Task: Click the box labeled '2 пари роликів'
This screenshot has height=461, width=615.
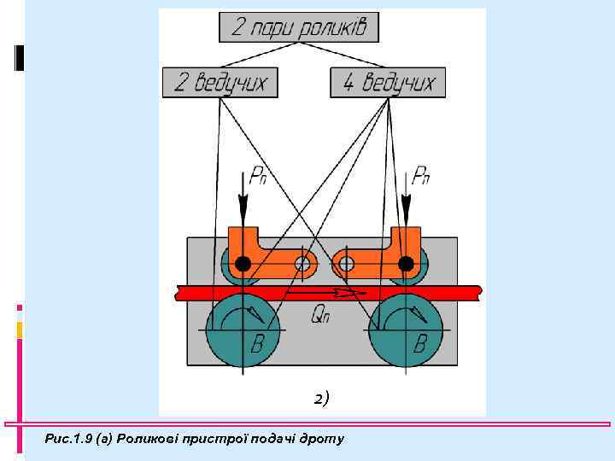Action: click(299, 27)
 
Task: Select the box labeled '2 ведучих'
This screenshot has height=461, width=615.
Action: click(220, 83)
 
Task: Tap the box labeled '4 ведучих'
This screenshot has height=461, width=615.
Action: click(389, 83)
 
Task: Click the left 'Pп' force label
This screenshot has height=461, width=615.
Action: click(258, 178)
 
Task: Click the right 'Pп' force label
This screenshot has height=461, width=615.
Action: click(420, 178)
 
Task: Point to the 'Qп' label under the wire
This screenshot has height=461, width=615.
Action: click(320, 315)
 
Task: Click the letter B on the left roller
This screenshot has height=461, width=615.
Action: click(257, 345)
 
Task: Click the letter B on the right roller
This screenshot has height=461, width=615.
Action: click(419, 345)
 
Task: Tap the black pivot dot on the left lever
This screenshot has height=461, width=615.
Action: click(243, 263)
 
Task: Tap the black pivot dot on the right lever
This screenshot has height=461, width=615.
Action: click(406, 263)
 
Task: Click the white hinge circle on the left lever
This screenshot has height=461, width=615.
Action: click(302, 263)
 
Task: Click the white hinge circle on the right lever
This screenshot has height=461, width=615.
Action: click(346, 263)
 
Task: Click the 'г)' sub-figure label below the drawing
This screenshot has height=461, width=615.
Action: click(320, 397)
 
